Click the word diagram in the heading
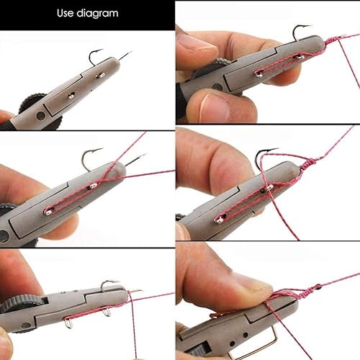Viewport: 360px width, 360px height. [x=98, y=14]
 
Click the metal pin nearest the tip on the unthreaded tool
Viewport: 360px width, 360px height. [x=101, y=75]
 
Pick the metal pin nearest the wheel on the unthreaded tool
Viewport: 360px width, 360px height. [x=71, y=94]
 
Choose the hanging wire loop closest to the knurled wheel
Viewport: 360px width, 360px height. [x=69, y=322]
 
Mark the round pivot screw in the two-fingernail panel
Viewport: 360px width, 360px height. [x=217, y=86]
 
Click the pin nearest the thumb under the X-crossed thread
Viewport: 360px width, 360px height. [x=49, y=211]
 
